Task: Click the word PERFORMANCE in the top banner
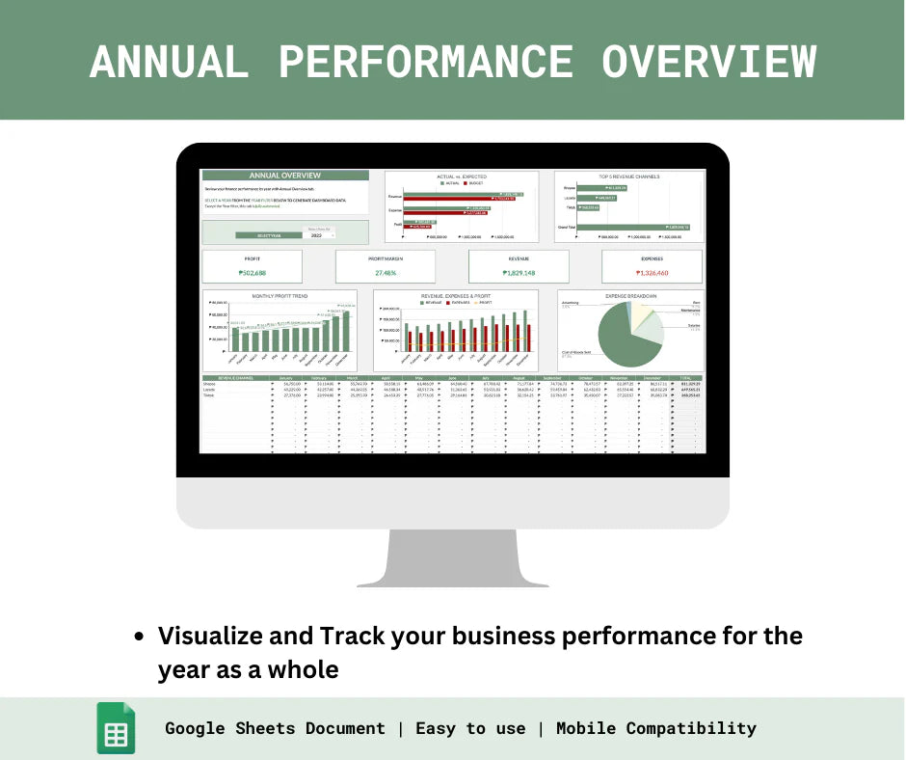point(425,62)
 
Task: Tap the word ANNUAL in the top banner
point(168,62)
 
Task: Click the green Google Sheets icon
point(116,728)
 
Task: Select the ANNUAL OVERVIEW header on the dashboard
point(284,176)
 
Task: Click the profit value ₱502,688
point(252,272)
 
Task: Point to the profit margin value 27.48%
point(385,272)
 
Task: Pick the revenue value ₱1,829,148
point(519,272)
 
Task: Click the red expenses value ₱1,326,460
point(652,272)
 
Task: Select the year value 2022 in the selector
point(315,234)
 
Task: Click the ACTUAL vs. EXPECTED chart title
point(462,176)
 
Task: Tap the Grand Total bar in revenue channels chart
point(645,227)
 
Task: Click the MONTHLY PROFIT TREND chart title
point(280,295)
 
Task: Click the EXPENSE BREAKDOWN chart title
point(631,295)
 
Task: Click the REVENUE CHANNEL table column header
point(234,377)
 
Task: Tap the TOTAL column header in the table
point(685,377)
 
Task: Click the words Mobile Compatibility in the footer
point(655,728)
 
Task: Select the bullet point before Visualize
point(141,637)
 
